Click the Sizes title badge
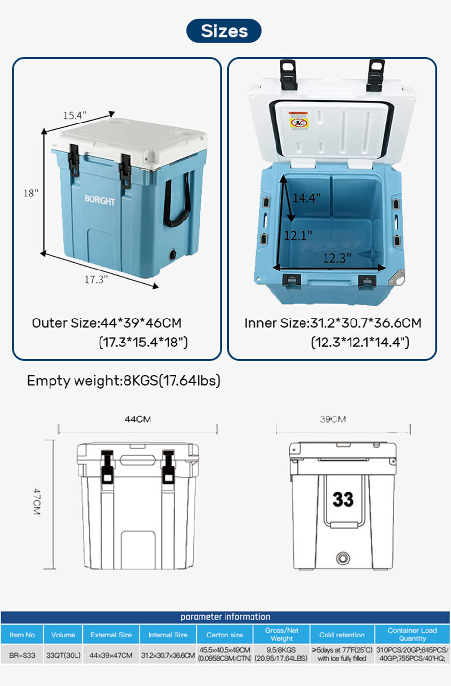click(x=224, y=31)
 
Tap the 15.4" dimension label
click(x=75, y=115)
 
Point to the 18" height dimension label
click(x=30, y=193)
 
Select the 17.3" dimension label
click(x=96, y=279)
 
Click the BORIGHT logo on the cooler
click(x=100, y=200)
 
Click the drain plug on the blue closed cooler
click(x=173, y=255)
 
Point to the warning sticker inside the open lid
click(x=299, y=121)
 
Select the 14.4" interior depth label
click(x=306, y=197)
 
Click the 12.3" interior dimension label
click(x=336, y=258)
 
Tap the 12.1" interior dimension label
click(x=298, y=235)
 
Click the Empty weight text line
click(x=124, y=380)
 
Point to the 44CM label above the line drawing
click(x=138, y=419)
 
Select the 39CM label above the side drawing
click(x=332, y=419)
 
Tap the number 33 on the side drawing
click(x=343, y=499)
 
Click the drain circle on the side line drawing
click(x=343, y=558)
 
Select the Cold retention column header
click(x=342, y=635)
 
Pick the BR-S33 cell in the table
click(x=22, y=655)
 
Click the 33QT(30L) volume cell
click(x=63, y=655)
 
